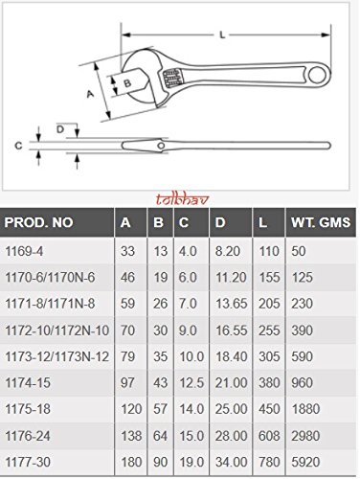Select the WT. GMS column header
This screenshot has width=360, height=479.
318,224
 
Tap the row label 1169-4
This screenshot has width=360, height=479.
26,250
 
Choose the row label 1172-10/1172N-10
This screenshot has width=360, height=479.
55,328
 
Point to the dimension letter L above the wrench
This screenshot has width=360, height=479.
221,35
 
